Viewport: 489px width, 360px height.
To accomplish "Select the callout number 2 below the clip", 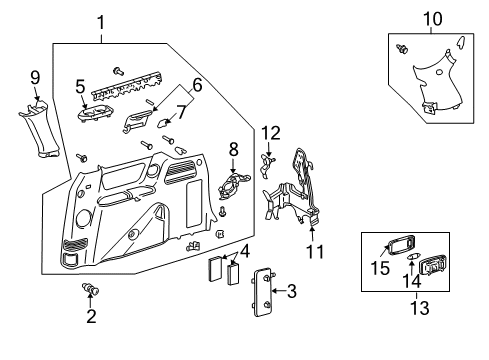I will (x=90, y=317).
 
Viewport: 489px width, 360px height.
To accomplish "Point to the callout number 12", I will (x=269, y=133).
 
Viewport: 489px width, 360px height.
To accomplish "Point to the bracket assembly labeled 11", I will (x=298, y=190).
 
